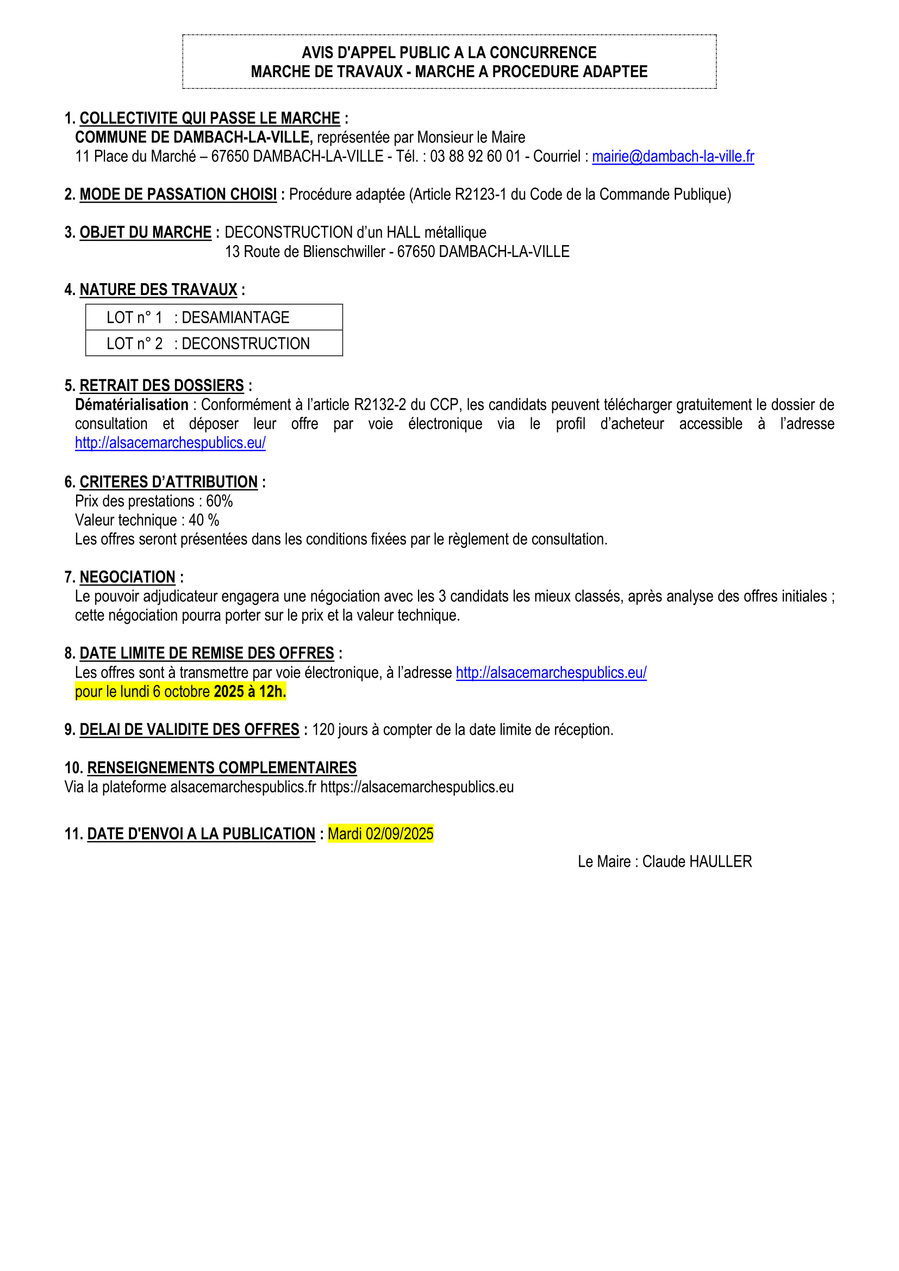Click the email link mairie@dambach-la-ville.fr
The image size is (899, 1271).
pyautogui.click(x=672, y=156)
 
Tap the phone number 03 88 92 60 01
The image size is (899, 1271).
pyautogui.click(x=475, y=156)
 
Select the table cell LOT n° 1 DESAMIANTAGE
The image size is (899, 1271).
pyautogui.click(x=214, y=317)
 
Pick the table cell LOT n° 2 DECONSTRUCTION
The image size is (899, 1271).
pyautogui.click(x=214, y=343)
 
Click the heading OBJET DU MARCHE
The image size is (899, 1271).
pyautogui.click(x=145, y=233)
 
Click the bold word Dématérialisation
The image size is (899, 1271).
pyautogui.click(x=132, y=405)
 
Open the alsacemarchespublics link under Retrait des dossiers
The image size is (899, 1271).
pyautogui.click(x=170, y=443)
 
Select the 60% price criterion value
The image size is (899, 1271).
pyautogui.click(x=219, y=501)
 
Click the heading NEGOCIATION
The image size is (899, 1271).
pyautogui.click(x=127, y=578)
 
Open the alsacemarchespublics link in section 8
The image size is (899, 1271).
pyautogui.click(x=551, y=673)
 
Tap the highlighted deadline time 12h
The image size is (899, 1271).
pyautogui.click(x=272, y=691)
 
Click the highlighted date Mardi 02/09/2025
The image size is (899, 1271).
pyautogui.click(x=380, y=834)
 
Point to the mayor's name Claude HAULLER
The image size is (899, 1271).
pyautogui.click(x=696, y=861)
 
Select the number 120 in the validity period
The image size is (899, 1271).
pyautogui.click(x=323, y=730)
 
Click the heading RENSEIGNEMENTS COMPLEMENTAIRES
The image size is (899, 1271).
pyautogui.click(x=221, y=768)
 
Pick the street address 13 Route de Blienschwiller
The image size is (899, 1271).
pyautogui.click(x=304, y=252)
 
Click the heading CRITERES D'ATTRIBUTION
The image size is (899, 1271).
pyautogui.click(x=168, y=482)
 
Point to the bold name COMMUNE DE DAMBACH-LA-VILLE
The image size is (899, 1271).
pyautogui.click(x=193, y=137)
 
